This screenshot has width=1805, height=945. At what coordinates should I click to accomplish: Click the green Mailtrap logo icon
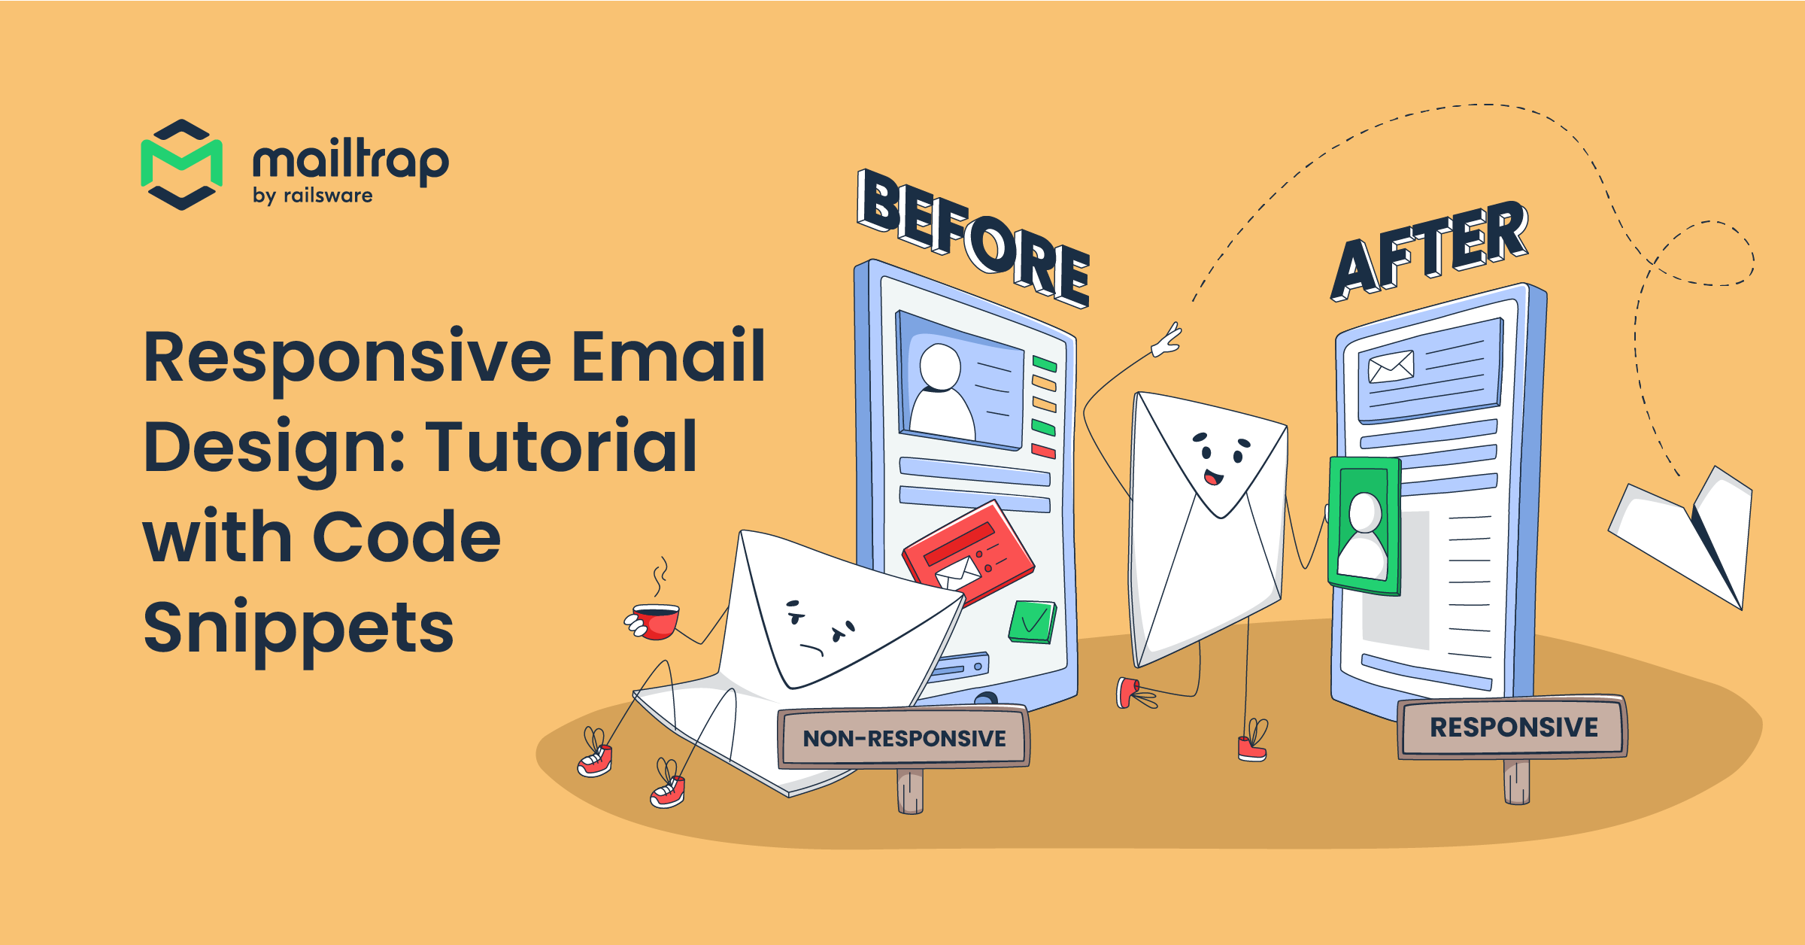pyautogui.click(x=181, y=165)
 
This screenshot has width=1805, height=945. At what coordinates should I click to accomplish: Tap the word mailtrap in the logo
pyautogui.click(x=350, y=162)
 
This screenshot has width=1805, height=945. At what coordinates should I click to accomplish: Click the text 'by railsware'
pyautogui.click(x=313, y=196)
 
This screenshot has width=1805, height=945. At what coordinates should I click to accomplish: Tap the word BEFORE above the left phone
pyautogui.click(x=973, y=237)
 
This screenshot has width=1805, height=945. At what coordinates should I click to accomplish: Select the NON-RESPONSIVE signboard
pyautogui.click(x=904, y=738)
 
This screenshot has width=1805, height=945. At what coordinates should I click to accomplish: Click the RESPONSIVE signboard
pyautogui.click(x=1513, y=728)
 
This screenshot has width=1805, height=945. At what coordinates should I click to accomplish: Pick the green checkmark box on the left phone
pyautogui.click(x=1033, y=622)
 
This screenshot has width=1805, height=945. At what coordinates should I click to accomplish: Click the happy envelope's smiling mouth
pyautogui.click(x=1213, y=477)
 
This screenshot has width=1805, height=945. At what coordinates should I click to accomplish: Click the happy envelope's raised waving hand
pyautogui.click(x=1167, y=341)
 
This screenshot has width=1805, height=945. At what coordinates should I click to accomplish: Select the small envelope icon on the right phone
pyautogui.click(x=1391, y=367)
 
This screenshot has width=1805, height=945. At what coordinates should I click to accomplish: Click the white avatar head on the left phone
pyautogui.click(x=940, y=366)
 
